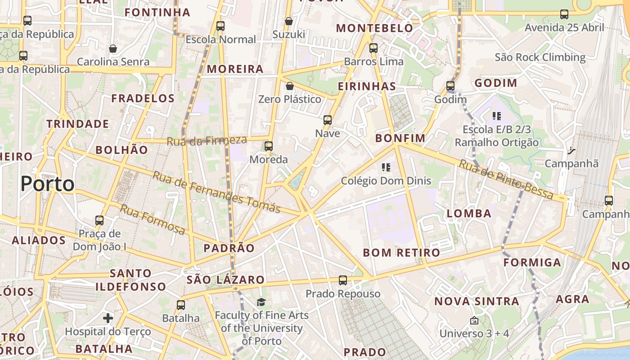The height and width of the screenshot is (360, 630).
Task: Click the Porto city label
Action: (47, 184)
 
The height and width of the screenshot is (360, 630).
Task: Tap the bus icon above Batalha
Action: (181, 305)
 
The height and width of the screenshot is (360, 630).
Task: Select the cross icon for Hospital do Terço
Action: (108, 318)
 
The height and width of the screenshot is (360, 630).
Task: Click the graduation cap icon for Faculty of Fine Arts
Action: (261, 302)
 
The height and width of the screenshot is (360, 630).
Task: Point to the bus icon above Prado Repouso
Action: (343, 280)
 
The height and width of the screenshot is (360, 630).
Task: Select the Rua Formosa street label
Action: (153, 220)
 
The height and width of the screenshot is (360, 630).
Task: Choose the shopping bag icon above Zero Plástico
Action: (290, 85)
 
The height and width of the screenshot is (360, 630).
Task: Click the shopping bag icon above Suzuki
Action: (289, 21)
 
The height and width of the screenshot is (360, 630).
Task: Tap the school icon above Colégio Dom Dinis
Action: (386, 167)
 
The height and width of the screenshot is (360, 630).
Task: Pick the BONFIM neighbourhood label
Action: (400, 138)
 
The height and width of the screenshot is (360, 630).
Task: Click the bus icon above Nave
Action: (328, 120)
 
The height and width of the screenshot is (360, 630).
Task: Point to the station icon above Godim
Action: (450, 85)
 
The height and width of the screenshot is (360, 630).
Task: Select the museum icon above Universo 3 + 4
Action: (474, 320)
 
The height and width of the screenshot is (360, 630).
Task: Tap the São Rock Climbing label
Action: (540, 57)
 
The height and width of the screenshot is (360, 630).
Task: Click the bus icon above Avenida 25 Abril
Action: (564, 14)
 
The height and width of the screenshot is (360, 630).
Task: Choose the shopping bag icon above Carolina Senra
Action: (113, 48)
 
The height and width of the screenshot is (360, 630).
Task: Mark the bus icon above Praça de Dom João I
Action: (99, 220)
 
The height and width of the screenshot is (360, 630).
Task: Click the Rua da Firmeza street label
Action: (207, 141)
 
